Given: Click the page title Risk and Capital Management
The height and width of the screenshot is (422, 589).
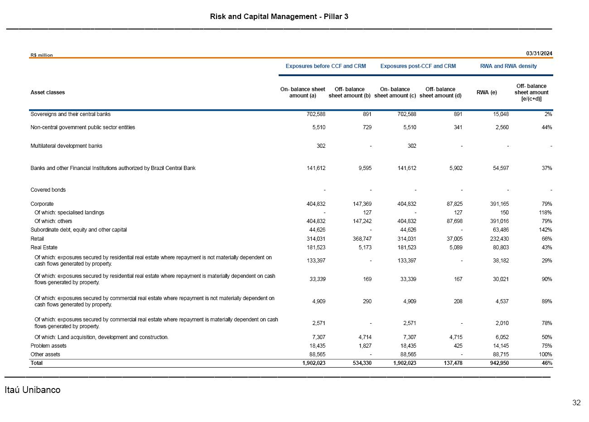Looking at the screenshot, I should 279,17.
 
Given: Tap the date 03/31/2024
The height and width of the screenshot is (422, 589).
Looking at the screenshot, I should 539,53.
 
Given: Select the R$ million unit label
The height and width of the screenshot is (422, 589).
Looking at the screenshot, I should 42,55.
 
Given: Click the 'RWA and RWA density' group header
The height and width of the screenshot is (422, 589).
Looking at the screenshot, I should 508,66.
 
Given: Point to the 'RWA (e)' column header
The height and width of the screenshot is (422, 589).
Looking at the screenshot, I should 487,92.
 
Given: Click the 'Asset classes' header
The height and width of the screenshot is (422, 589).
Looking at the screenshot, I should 48,92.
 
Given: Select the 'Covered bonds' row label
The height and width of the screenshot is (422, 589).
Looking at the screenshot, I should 48,190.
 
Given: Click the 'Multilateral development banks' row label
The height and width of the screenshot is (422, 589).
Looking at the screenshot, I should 66,146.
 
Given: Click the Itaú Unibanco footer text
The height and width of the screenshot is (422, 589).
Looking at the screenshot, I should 32,390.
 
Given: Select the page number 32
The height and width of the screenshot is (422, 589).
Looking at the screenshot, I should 576,403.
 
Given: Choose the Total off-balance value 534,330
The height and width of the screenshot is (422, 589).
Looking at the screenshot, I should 361,363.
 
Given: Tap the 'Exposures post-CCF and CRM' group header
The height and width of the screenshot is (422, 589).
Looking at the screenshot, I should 418,66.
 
